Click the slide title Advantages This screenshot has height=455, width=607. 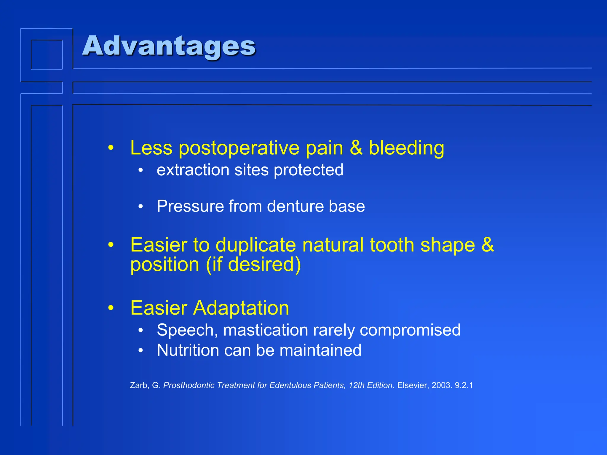pos(169,46)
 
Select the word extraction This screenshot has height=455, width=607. pos(193,170)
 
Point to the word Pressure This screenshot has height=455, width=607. pos(190,206)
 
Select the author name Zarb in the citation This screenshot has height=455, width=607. pos(138,385)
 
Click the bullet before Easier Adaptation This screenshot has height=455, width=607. pos(111,308)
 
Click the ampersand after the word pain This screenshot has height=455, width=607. pos(356,148)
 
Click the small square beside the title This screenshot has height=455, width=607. pos(47,55)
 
